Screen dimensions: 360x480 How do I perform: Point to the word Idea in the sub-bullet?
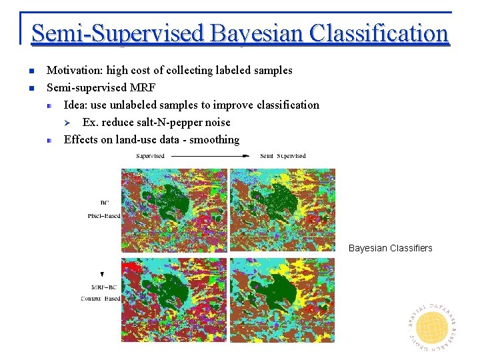75,105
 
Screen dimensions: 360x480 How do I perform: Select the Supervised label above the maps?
150,156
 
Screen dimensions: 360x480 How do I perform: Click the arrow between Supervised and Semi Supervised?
209,156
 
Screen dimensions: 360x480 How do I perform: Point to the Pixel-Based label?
104,216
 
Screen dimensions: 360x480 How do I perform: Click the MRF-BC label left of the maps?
105,287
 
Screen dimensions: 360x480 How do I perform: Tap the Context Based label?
101,298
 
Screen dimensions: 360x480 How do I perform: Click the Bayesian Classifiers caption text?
390,248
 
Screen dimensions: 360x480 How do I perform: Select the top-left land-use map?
174,210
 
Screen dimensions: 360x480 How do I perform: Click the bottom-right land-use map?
282,300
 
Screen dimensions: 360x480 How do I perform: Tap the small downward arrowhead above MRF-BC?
102,274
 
